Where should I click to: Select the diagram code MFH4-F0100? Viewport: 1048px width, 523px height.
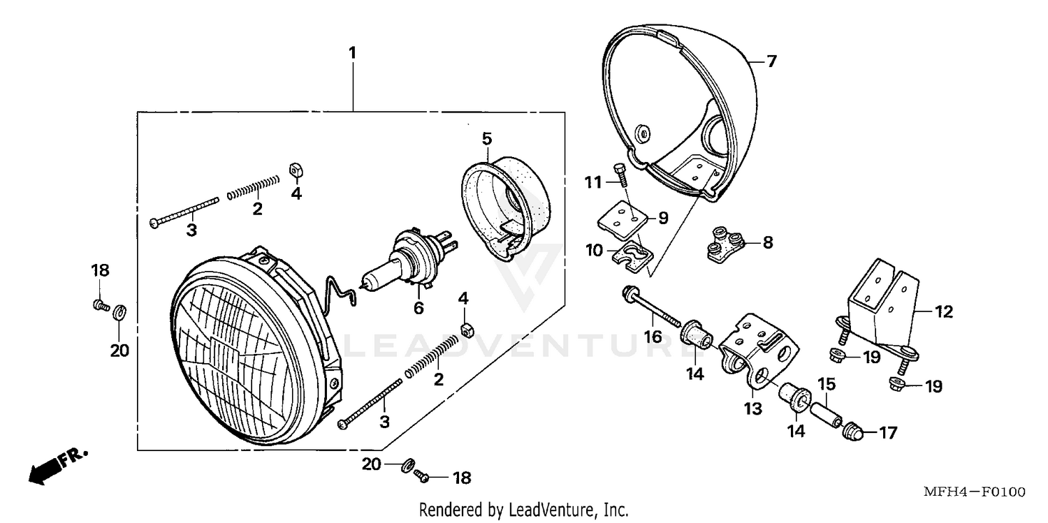[x=974, y=493]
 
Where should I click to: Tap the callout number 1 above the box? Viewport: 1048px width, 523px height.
[x=353, y=52]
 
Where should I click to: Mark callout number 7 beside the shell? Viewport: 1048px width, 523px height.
[x=771, y=61]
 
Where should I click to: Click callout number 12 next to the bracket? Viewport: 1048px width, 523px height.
[x=943, y=312]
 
